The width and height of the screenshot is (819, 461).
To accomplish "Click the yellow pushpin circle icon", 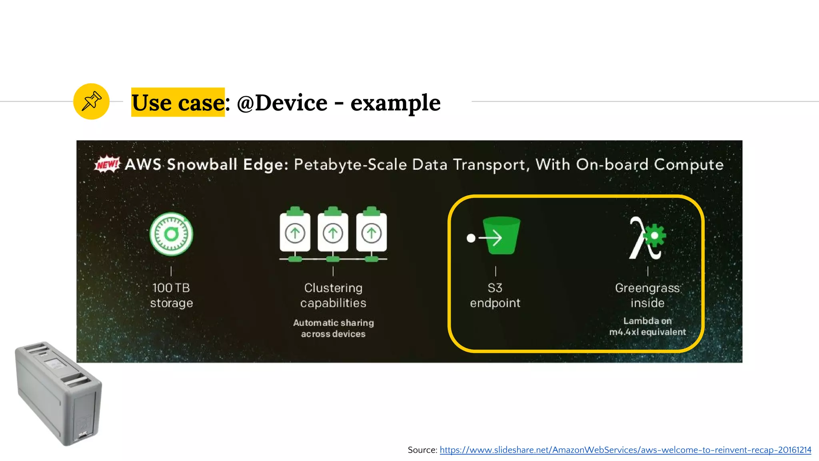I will tap(91, 101).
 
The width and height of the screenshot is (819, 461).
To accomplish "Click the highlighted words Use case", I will tap(178, 102).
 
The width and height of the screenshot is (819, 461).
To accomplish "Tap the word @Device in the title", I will tap(282, 103).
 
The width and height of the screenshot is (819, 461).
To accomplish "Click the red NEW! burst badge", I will tap(107, 164).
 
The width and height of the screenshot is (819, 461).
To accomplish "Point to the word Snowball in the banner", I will tap(202, 164).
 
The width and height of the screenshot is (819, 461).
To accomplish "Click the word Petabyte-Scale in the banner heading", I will tap(350, 165).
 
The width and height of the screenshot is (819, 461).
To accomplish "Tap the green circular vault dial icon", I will tap(171, 234).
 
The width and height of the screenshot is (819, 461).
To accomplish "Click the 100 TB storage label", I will tap(171, 295).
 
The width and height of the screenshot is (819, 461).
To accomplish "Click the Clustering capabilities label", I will tap(333, 295).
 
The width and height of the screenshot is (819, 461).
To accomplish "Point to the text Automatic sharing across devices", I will tap(333, 328).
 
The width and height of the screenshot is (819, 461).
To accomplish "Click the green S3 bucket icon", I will tap(501, 236).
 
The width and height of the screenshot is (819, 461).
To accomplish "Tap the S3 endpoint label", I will tap(495, 295).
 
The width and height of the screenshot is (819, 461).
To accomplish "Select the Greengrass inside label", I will tap(647, 295).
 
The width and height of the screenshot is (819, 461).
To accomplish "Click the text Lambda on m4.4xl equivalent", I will tap(647, 326).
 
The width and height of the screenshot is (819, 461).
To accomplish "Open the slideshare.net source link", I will tap(625, 450).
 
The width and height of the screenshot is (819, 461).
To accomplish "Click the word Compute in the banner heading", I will tap(689, 164).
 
